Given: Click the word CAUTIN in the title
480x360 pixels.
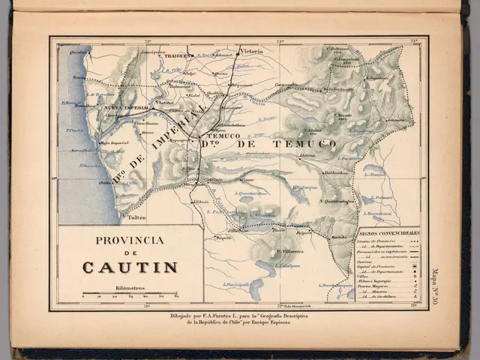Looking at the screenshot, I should tap(130, 268).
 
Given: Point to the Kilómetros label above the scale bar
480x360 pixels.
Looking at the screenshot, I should tap(130, 287).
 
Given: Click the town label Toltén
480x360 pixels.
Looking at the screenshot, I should tap(136, 217).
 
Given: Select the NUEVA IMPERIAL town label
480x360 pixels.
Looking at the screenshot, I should tap(124, 108).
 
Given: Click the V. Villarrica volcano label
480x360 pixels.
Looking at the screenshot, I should tap(289, 251).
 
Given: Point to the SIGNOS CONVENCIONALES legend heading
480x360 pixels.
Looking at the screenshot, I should tap(388, 233).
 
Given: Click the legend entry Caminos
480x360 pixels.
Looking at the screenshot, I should tap(367, 262).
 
